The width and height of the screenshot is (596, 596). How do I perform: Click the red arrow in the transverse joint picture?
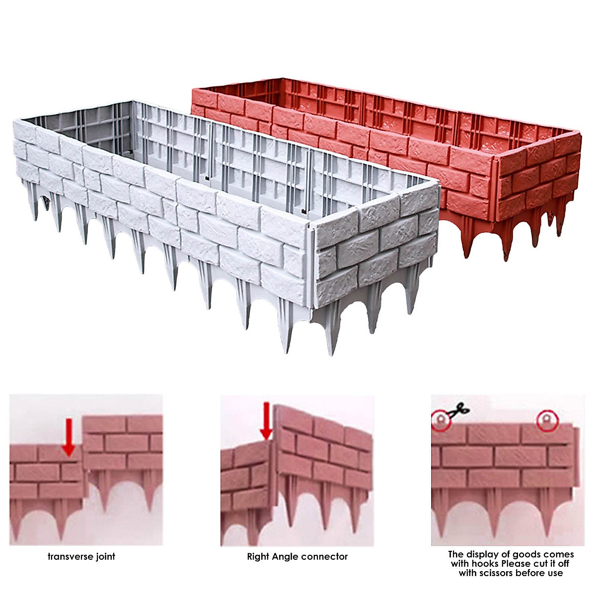tap(69, 437)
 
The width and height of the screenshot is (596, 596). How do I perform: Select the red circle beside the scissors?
tap(440, 421)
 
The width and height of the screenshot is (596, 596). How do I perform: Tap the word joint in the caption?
tap(106, 556)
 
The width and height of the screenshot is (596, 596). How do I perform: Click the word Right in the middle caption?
tap(258, 557)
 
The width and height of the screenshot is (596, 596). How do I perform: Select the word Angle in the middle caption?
tap(286, 557)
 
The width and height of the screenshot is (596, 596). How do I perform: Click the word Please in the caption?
tap(517, 564)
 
